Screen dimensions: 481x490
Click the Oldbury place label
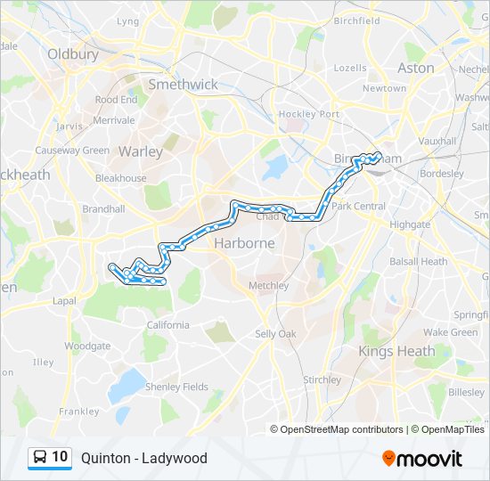[x=67, y=53]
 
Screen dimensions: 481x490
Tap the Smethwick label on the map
[x=183, y=85]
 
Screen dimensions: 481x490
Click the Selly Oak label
[x=275, y=333]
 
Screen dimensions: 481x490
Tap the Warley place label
[x=141, y=151]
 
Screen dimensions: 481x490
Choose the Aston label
[x=416, y=68]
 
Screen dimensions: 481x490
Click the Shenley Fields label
[x=176, y=387]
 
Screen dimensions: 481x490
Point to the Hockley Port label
[x=309, y=114]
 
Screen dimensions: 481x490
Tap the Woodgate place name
[x=87, y=346]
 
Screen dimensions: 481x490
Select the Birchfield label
[x=356, y=20]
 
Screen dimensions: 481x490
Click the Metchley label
[x=268, y=286]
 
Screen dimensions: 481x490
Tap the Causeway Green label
[x=72, y=151]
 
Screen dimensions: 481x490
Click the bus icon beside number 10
[x=40, y=458]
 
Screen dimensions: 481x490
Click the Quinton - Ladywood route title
[x=143, y=458]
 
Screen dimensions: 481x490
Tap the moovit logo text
[x=431, y=459]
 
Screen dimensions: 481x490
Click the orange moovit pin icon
[x=389, y=459]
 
